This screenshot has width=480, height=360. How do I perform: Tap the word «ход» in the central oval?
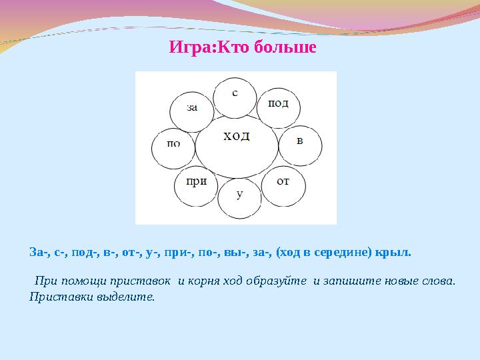pos(236,136)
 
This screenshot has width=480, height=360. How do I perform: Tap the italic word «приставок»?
pos(140,281)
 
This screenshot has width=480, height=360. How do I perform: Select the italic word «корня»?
pos(204,281)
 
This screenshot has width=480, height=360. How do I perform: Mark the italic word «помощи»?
pos(84,281)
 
